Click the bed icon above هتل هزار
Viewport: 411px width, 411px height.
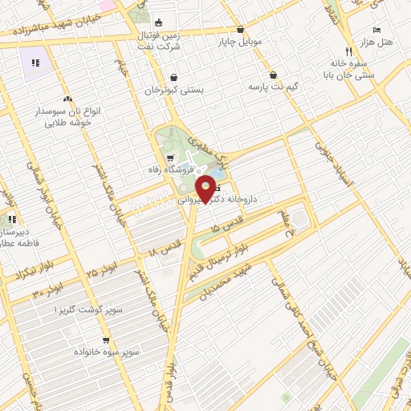(x=378, y=28)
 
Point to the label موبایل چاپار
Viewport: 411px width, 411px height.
(x=240, y=39)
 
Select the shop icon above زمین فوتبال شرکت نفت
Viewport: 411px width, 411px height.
(x=157, y=22)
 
